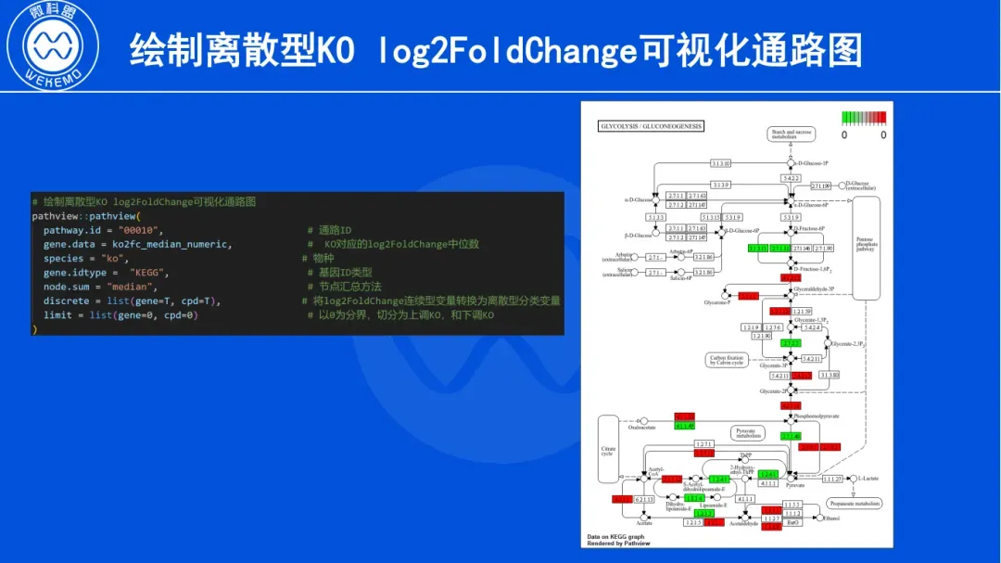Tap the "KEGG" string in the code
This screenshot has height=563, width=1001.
pos(149,273)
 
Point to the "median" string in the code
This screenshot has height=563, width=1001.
pos(134,287)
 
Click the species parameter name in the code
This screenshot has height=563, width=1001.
pos(63,259)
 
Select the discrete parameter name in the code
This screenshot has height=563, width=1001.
pos(66,301)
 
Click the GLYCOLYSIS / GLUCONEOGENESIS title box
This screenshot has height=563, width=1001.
pos(652,126)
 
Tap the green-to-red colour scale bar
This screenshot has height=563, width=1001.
pos(863,118)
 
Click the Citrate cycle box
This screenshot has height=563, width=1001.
pos(608,450)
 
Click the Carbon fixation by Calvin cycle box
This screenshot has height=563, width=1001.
pos(727,360)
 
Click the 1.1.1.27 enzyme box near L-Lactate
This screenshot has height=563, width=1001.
pos(832,479)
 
